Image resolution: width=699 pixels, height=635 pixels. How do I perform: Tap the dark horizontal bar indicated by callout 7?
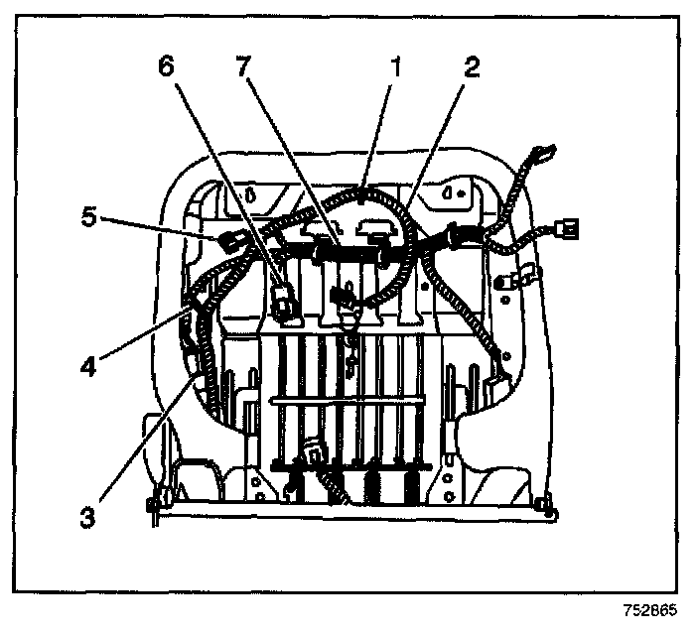point(352,256)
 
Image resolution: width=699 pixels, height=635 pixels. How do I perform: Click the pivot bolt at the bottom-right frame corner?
point(552,513)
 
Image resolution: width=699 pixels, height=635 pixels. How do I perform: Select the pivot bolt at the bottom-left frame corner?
point(152,510)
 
